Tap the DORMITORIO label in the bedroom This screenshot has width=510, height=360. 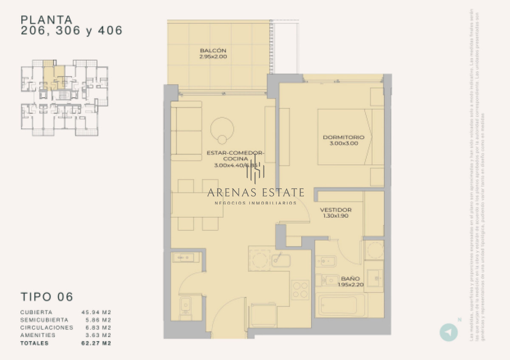pos(343,137)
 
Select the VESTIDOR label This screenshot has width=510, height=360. pos(335,210)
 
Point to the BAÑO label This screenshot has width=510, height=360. pos(351,279)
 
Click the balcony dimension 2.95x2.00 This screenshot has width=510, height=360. pos(213,57)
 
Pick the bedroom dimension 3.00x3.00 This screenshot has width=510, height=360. pos(343,144)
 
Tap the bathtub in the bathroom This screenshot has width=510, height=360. pos(342,304)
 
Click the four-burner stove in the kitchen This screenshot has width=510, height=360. pos(300,289)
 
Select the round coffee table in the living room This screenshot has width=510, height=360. pos(222,128)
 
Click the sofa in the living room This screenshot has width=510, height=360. pos(186,131)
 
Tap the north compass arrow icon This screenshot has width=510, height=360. pos(448,332)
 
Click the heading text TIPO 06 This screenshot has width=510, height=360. pos(47,296)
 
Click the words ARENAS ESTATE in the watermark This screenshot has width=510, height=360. pos(255,193)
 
